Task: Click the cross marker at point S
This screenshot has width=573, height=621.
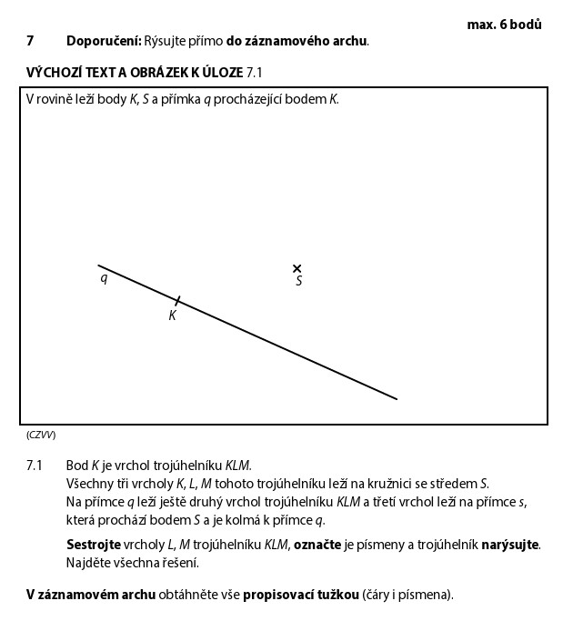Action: click(297, 268)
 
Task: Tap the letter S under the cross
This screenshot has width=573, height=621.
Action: click(298, 282)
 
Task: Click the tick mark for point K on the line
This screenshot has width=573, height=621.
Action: click(177, 300)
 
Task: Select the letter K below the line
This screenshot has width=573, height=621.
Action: click(172, 316)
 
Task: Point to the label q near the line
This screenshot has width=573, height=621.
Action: click(104, 278)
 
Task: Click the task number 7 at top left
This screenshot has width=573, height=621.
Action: click(30, 41)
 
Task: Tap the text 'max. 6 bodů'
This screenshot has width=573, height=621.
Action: click(504, 25)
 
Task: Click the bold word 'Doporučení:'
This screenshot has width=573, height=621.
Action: click(104, 41)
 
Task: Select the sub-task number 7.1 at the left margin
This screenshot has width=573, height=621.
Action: click(35, 466)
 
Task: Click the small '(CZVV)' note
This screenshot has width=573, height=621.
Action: click(41, 435)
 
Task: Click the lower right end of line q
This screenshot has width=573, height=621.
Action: click(397, 398)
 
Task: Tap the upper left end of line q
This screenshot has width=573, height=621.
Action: click(99, 265)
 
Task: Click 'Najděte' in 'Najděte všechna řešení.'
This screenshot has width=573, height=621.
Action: click(89, 563)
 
